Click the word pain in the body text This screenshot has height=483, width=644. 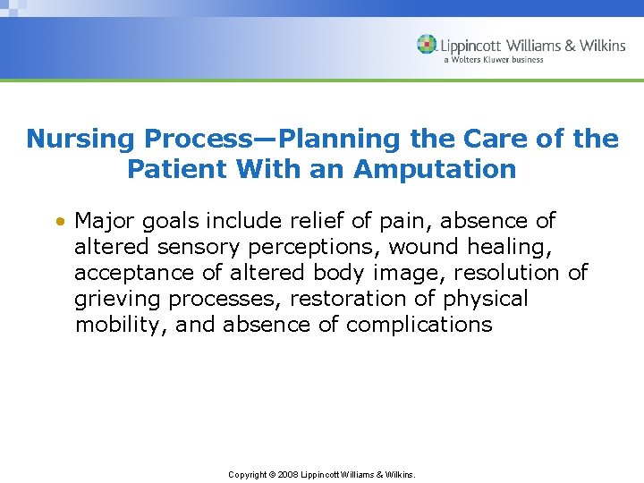(x=411, y=221)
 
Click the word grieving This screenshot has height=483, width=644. (x=116, y=299)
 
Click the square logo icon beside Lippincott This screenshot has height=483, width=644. (x=427, y=44)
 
